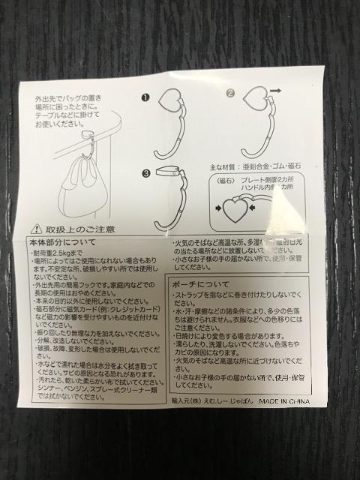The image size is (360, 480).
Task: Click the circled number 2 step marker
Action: pyautogui.click(x=230, y=94)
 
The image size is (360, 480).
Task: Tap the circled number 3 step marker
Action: pyautogui.click(x=145, y=172)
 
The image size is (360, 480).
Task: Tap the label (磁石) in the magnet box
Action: pyautogui.click(x=225, y=180)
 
